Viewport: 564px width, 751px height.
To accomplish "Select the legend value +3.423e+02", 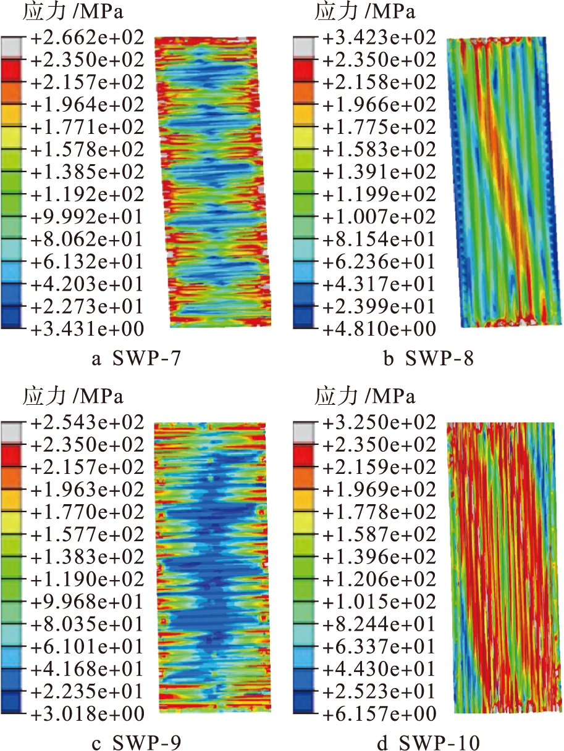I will (379, 38).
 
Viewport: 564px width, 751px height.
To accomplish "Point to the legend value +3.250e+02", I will (379, 423).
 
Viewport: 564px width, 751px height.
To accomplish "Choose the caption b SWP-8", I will (429, 359).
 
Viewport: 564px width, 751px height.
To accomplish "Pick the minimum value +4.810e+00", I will (379, 328).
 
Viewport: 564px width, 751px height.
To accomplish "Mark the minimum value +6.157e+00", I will (379, 714).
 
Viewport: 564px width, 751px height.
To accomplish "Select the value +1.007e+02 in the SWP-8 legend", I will (379, 217).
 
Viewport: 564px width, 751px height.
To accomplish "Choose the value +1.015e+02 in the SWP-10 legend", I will (379, 602).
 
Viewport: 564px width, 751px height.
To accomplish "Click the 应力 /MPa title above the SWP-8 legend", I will (365, 12).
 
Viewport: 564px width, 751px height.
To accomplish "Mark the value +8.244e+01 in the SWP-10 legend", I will (379, 624).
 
